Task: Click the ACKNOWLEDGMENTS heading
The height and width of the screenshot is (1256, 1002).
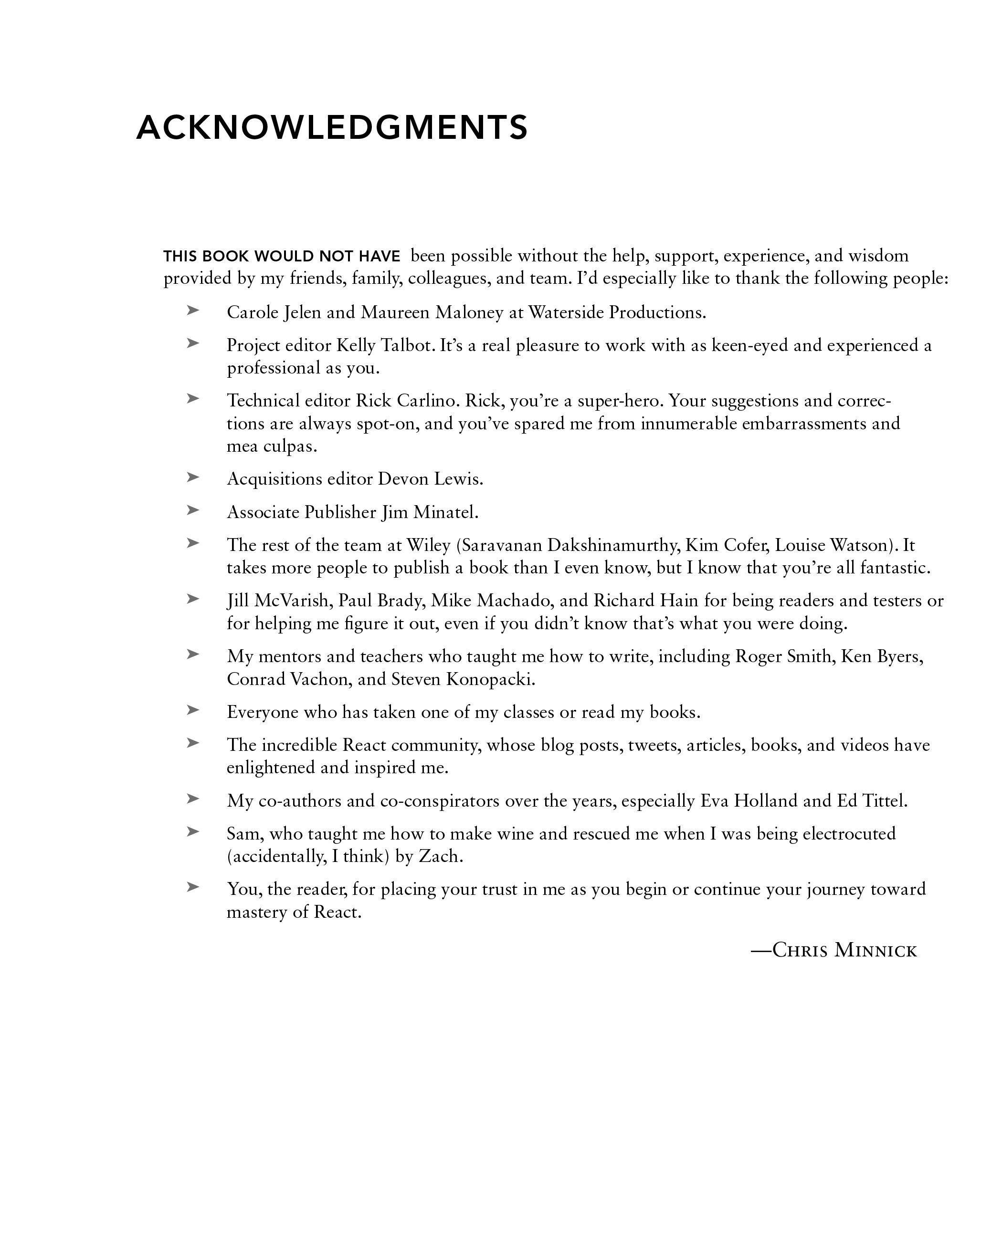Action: tap(332, 127)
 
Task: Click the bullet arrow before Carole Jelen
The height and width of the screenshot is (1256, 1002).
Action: tap(193, 311)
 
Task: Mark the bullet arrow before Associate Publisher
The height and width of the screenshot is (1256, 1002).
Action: tap(193, 510)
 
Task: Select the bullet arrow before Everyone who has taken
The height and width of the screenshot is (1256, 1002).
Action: tap(193, 710)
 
